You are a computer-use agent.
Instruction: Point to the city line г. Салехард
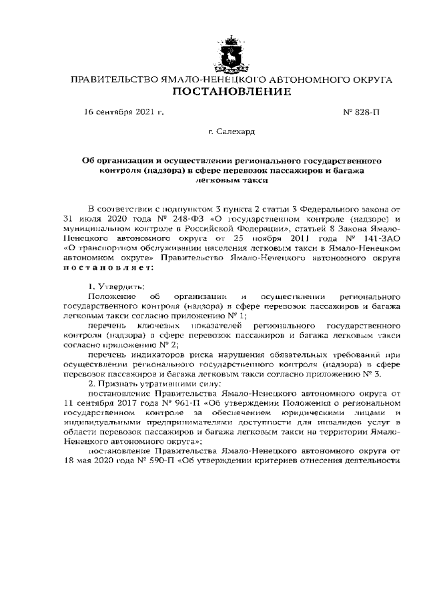click(x=232, y=134)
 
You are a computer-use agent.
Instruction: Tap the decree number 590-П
click(x=169, y=461)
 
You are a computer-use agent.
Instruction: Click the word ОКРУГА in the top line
click(x=370, y=79)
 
